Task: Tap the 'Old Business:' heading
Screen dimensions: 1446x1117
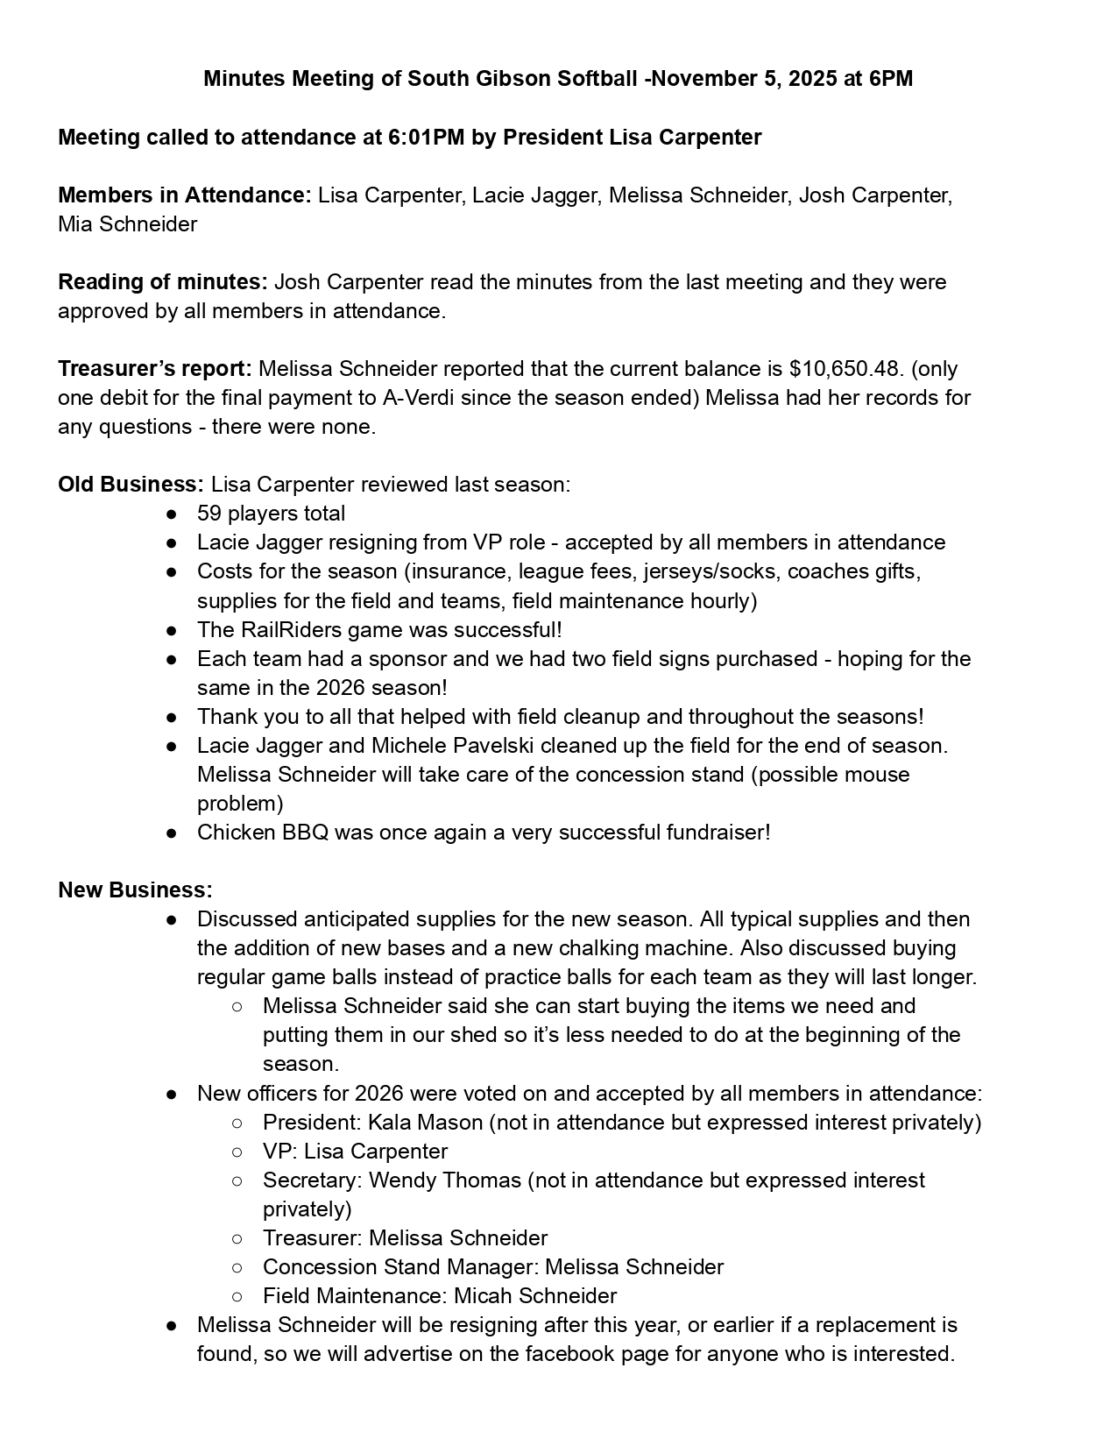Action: (131, 485)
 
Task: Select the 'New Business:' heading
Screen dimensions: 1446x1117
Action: (135, 890)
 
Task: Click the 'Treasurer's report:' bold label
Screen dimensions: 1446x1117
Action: (155, 369)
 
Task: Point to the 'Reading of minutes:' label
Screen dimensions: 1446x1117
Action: (163, 282)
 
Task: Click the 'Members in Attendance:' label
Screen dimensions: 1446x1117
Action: (184, 195)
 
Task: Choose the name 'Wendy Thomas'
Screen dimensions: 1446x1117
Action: (444, 1180)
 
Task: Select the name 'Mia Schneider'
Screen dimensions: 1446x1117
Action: (127, 224)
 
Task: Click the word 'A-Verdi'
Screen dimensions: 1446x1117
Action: (418, 398)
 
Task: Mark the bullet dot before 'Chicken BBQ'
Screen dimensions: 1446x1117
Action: (173, 833)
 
